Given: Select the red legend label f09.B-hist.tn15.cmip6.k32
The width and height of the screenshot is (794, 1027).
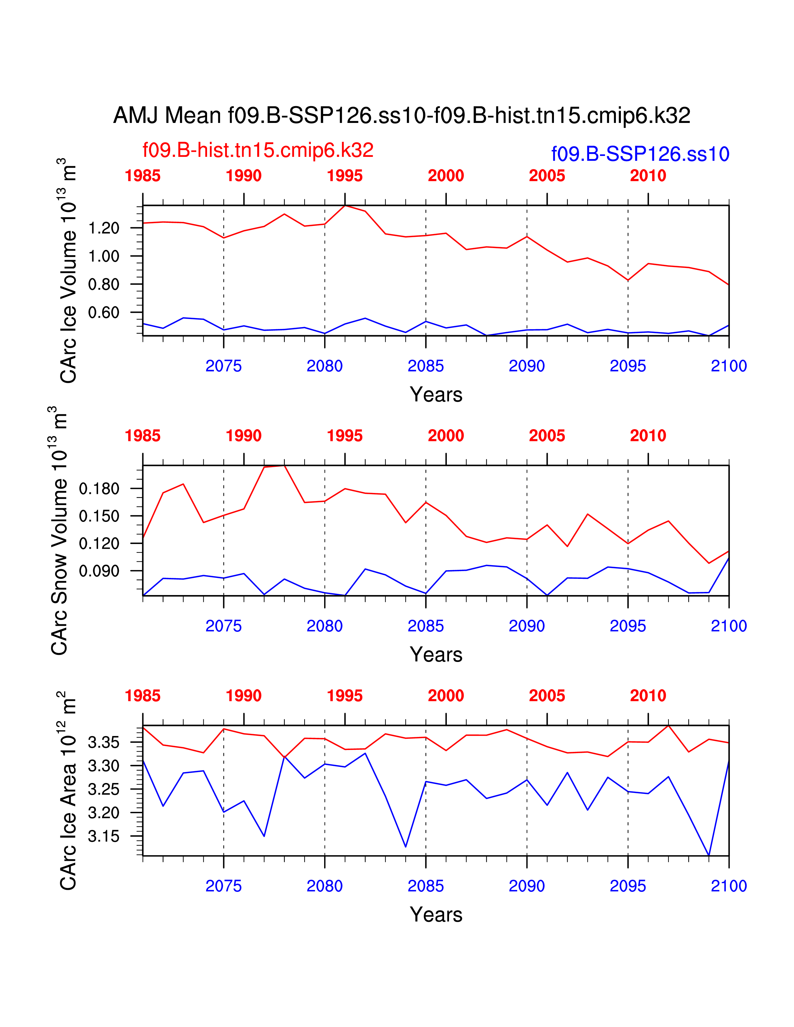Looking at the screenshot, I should pos(258,150).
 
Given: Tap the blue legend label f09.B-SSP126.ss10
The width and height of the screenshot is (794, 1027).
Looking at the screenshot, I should pos(640,154).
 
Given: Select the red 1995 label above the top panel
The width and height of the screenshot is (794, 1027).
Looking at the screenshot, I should pos(345,176).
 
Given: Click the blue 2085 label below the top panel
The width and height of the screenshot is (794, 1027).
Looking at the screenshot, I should pos(426,366).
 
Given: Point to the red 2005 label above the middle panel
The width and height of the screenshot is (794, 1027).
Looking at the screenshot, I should pos(547,436).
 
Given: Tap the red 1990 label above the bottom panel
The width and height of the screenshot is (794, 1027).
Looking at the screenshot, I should pos(244,696).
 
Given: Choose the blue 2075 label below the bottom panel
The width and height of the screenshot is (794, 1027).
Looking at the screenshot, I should pos(224,886).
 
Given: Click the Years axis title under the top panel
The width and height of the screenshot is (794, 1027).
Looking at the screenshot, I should pos(436,395).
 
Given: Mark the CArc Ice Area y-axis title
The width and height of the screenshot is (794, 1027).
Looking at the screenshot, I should pos(68,790).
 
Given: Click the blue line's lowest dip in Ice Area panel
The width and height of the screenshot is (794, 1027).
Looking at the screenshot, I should pos(708,855).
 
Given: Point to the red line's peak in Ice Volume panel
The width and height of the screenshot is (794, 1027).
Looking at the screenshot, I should pos(345,205).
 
